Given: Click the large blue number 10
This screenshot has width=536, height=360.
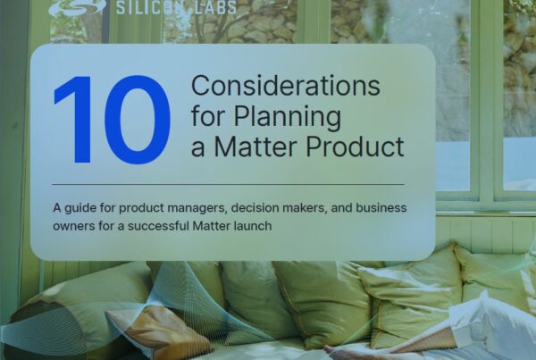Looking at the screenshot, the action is pos(113,120).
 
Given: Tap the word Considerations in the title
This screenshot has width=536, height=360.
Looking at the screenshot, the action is pos(286,86).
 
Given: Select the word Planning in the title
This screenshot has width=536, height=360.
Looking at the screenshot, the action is pos(287,117).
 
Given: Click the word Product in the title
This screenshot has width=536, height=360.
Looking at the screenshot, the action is pos(355,147).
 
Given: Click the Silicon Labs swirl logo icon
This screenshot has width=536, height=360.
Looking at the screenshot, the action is pos(77,7).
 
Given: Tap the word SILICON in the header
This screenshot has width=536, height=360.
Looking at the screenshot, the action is pos(150,7).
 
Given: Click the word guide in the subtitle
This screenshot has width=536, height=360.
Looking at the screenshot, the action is pos(80,208).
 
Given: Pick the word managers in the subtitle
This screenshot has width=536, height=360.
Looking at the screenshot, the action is pos(197,208).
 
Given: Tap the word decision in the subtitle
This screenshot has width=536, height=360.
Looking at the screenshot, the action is pos(255,207).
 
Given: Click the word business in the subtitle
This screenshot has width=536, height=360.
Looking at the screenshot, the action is pos(381,207).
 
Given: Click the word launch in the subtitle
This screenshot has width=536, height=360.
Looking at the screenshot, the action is pos(253,226).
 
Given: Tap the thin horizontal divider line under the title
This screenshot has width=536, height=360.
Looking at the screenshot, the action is pos(229,184).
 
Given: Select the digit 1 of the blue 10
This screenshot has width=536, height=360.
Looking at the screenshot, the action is pos(74,120).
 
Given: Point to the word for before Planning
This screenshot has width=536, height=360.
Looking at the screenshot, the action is pos(209,116).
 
